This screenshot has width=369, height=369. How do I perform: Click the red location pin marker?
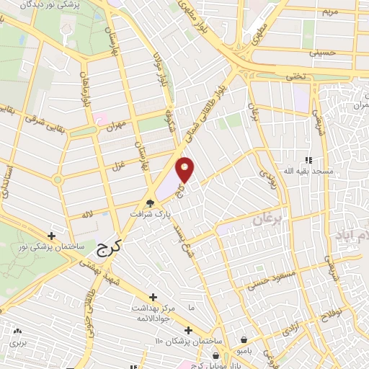tap(186, 170)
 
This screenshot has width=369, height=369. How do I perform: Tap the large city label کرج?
tap(108, 249)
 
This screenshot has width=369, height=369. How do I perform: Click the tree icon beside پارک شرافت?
tap(150, 203)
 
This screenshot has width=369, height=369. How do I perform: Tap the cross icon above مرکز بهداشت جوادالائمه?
tap(153, 296)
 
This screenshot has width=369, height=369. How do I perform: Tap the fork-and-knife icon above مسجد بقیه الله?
tap(308, 160)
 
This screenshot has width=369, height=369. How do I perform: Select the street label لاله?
tap(87, 215)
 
